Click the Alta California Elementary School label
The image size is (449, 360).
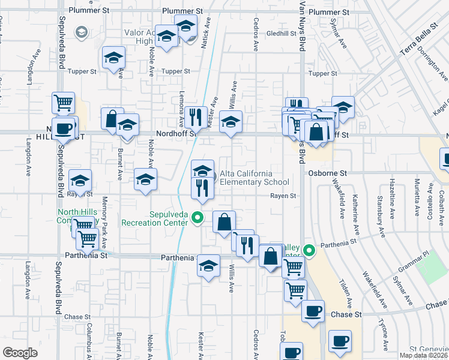coord(255,178)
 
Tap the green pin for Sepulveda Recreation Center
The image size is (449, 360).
coord(199,218)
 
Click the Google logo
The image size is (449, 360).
coord(20,353)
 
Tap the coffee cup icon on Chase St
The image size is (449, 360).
coord(312,311)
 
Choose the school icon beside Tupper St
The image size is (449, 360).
coord(113,58)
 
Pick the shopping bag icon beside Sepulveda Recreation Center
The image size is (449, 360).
coord(224,222)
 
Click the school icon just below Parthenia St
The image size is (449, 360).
coord(208,265)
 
